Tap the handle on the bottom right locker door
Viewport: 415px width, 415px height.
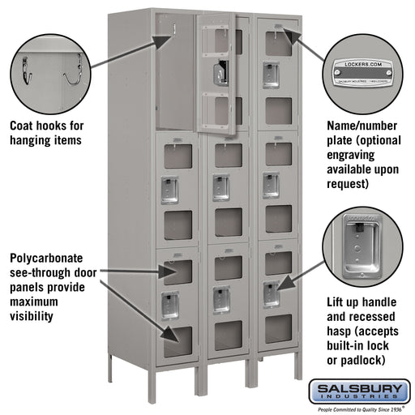[270, 293]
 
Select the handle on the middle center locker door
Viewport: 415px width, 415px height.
[220, 186]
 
